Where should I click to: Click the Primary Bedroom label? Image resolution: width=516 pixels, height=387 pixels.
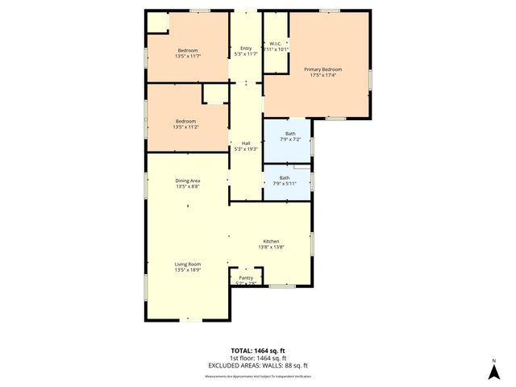point(318,70)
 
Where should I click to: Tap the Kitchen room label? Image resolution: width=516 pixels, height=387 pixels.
point(271,241)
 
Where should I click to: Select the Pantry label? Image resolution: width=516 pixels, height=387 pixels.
point(246,277)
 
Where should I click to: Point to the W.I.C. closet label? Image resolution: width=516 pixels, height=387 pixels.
point(276,44)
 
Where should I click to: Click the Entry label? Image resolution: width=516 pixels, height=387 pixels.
point(246,48)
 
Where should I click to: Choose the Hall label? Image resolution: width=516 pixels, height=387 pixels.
point(246,144)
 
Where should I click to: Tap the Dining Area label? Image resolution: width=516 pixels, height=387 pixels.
point(188,181)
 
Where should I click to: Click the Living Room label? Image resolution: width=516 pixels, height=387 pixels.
point(188,264)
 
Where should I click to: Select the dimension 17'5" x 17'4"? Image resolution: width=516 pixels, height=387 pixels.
point(318,76)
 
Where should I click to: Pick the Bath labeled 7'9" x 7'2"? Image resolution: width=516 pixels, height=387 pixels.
point(289,134)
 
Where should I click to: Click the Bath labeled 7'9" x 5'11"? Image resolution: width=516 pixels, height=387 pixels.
point(285,177)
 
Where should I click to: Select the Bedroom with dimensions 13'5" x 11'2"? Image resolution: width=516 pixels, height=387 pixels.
point(185,121)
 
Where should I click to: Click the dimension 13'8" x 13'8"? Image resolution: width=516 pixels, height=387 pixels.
point(271,248)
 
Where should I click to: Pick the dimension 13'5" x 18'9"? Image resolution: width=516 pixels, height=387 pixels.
point(188,270)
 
